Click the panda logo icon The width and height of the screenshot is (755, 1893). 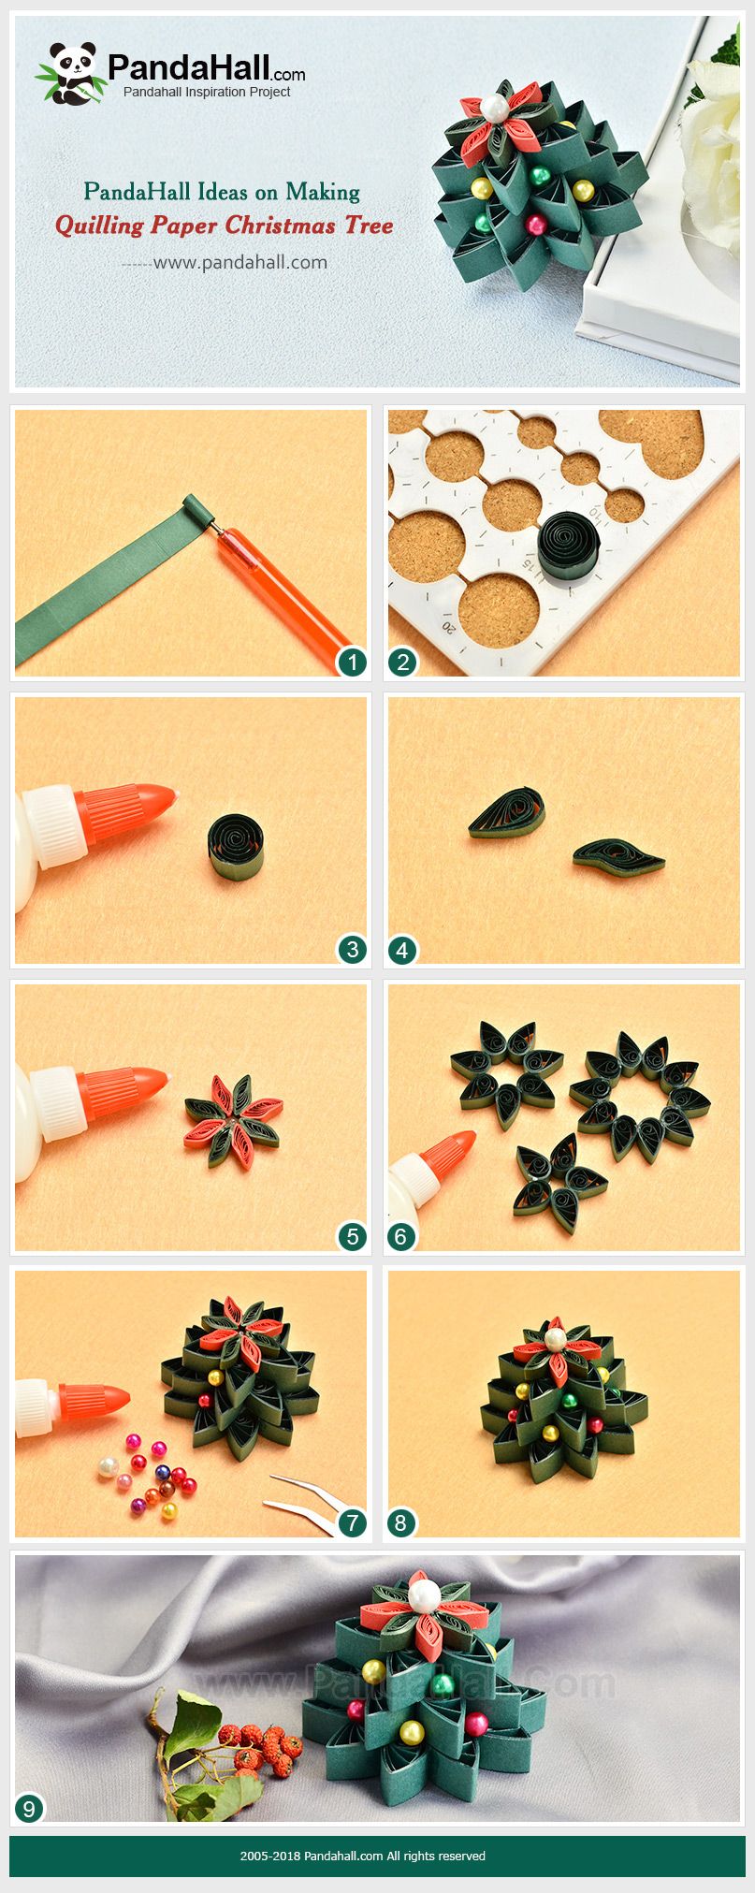click(68, 73)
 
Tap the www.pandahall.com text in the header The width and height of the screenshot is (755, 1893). click(240, 262)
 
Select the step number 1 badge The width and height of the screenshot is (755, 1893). click(352, 663)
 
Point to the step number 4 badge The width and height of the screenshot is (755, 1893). click(402, 951)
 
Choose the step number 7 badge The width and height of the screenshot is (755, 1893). click(352, 1523)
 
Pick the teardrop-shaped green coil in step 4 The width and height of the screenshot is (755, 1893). click(507, 812)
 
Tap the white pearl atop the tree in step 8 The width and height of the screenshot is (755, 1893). click(556, 1339)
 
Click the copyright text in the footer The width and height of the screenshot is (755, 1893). click(362, 1855)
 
